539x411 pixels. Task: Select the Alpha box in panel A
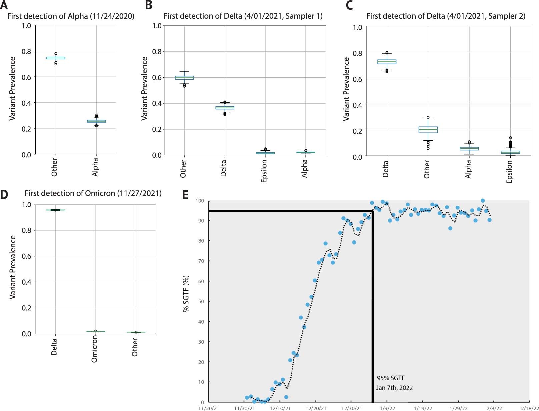pos(96,121)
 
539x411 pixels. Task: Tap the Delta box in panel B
pos(225,108)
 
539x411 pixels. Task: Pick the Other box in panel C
pos(428,130)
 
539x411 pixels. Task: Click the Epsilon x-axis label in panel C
pos(509,172)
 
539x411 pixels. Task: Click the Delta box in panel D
pos(55,210)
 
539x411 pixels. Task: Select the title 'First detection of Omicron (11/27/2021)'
pos(93,193)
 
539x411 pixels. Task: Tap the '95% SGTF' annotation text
pos(391,378)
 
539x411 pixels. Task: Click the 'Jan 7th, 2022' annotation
pos(394,388)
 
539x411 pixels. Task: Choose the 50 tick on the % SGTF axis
pos(201,301)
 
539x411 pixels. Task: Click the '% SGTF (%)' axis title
pos(186,293)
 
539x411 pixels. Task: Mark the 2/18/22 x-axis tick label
pos(530,408)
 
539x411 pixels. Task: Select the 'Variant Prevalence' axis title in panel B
pos(144,88)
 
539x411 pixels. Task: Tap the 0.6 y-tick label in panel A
pos(26,77)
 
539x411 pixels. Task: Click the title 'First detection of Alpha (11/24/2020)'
pos(71,16)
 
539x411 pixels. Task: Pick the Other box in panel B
pos(184,78)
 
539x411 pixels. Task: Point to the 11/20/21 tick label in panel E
pos(209,408)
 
